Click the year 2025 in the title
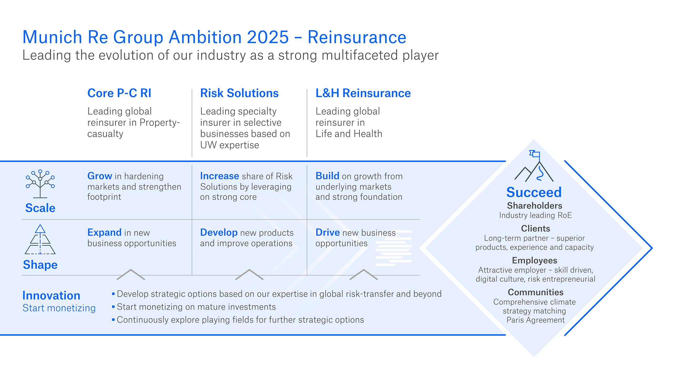click(268, 37)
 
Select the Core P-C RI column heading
click(119, 93)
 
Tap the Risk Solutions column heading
click(239, 93)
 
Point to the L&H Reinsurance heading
click(363, 93)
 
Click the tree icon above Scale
click(40, 184)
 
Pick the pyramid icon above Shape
click(40, 240)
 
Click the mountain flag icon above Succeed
click(534, 166)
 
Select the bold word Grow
click(100, 176)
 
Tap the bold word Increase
click(220, 176)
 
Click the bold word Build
click(328, 176)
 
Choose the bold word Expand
click(104, 232)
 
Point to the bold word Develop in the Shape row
click(219, 232)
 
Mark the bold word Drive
click(328, 232)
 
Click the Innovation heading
click(51, 296)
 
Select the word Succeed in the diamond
click(534, 192)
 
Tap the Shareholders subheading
click(534, 206)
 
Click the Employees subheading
click(534, 260)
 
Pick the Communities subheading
click(536, 292)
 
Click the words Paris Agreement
click(536, 320)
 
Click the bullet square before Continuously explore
click(113, 320)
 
